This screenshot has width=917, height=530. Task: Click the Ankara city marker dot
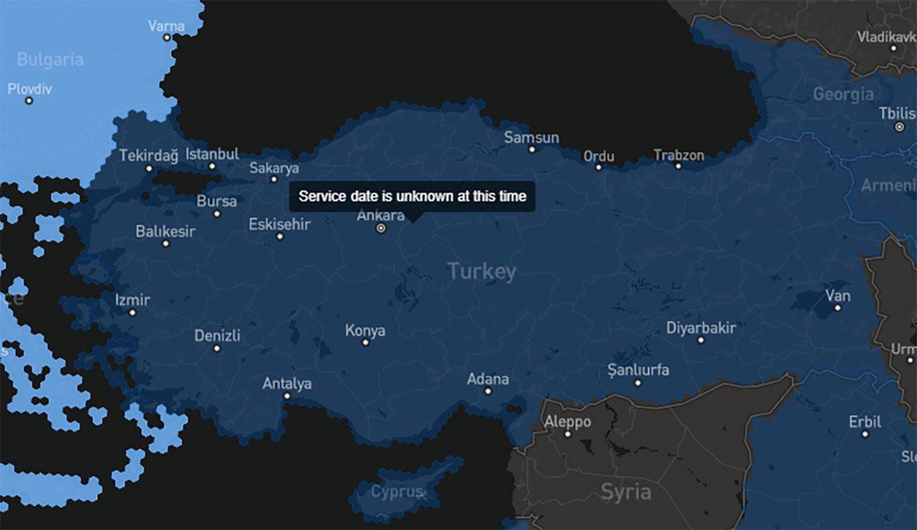point(381,228)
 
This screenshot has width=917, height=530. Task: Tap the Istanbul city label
point(212,154)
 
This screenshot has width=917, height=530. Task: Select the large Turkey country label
point(481,271)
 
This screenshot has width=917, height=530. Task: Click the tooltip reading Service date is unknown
point(412,197)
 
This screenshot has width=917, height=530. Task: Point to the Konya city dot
point(365,343)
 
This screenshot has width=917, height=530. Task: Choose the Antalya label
point(287,383)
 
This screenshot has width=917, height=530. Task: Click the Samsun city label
point(531,138)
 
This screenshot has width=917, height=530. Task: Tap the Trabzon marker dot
point(678,166)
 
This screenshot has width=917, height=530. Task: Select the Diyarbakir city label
point(701,328)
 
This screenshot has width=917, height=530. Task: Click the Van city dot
point(838,307)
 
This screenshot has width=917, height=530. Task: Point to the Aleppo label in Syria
point(567,421)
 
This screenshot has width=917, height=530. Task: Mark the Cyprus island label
point(397,492)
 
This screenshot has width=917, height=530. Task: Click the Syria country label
point(626,490)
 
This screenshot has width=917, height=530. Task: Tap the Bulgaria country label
point(50,60)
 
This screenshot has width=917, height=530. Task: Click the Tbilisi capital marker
point(899,126)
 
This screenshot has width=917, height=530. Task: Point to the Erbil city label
point(864,421)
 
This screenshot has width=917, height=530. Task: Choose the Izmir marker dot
point(132,312)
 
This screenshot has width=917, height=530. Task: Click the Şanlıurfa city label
point(637,370)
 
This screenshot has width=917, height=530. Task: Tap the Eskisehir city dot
point(280,236)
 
